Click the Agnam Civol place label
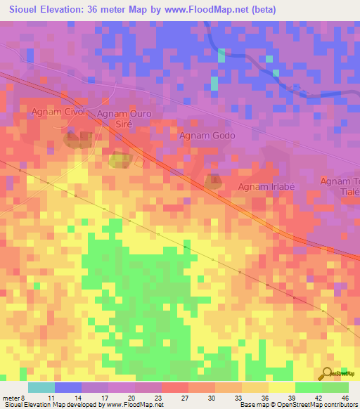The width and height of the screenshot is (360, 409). (x=58, y=112)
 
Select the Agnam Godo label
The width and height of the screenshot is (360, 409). (x=207, y=136)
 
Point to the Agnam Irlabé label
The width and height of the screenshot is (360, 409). (x=266, y=186)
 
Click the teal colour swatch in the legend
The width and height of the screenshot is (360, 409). (x=41, y=387)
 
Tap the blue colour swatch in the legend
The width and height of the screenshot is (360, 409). (x=68, y=387)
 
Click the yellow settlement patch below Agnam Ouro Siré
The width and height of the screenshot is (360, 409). (x=119, y=160)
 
